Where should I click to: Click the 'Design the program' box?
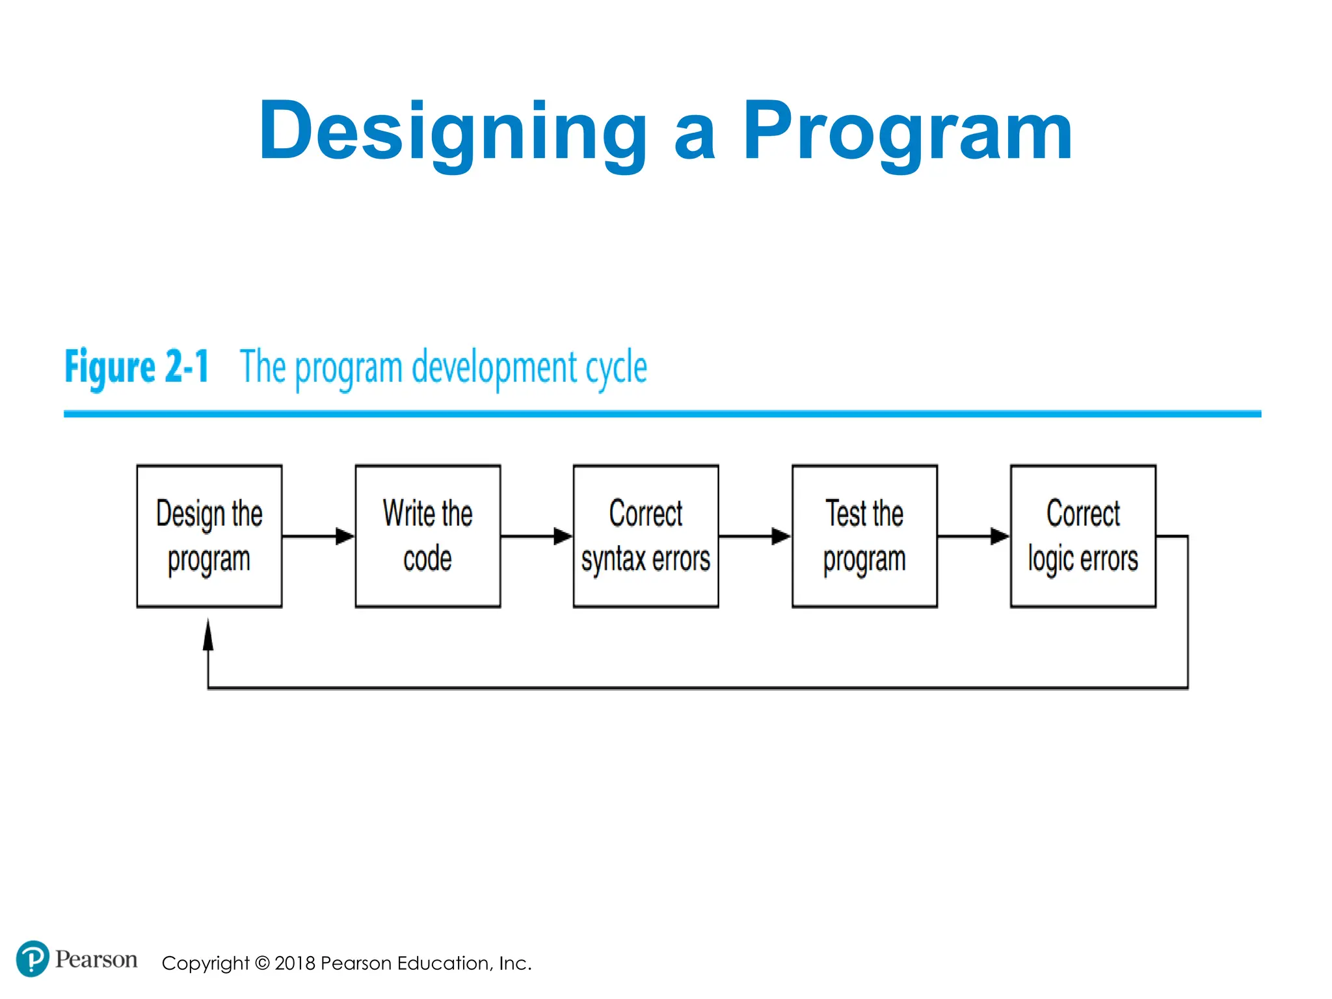coord(209,536)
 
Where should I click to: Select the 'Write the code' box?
coord(427,536)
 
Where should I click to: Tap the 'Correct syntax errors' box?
coord(645,536)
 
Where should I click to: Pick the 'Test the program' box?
coord(864,536)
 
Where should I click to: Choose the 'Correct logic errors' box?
coord(1082,536)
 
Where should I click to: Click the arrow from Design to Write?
coord(319,537)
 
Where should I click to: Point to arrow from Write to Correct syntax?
coord(537,537)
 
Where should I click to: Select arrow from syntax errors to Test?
coord(754,537)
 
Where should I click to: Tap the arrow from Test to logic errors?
coord(973,537)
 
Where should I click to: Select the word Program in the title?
coord(907,132)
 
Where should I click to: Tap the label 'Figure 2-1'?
coord(137,367)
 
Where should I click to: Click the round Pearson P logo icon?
coord(32,959)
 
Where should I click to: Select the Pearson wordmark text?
coord(96,959)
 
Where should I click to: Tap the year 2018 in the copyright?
coord(295,963)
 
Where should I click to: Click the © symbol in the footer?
coord(261,963)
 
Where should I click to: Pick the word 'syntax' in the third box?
coord(613,560)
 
